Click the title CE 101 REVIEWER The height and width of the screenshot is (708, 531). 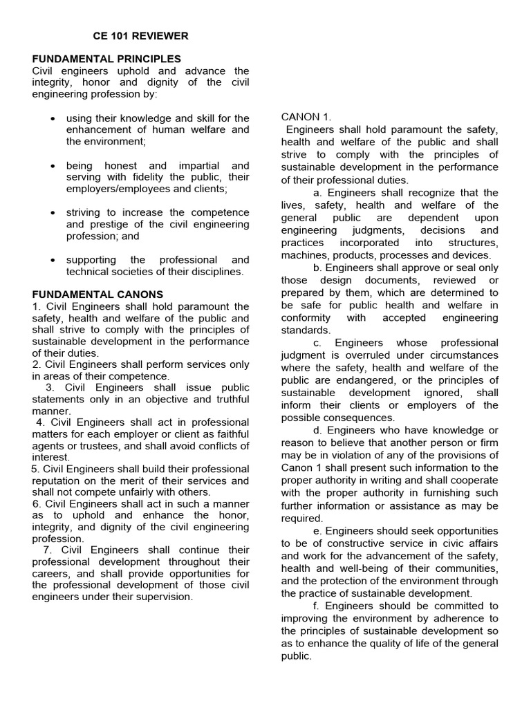click(x=140, y=35)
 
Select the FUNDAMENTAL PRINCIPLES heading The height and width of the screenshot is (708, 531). click(x=106, y=59)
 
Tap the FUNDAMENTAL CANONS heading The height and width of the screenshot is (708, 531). click(x=97, y=294)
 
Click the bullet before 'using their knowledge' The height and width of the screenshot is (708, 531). click(x=53, y=119)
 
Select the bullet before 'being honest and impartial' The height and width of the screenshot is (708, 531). click(x=53, y=166)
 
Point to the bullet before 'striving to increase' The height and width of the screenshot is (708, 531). click(x=53, y=213)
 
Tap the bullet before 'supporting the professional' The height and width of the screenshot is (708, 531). click(x=53, y=260)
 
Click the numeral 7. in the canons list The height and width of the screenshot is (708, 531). click(x=47, y=550)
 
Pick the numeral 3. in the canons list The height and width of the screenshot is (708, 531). click(x=50, y=388)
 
